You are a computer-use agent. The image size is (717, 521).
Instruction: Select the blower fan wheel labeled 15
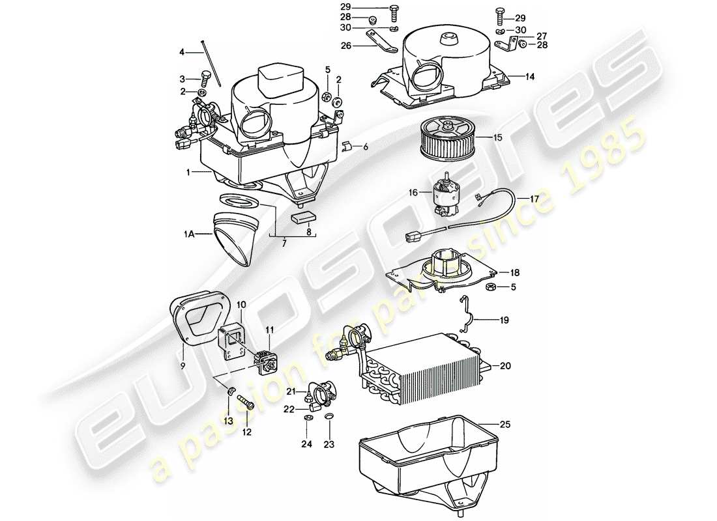tap(446, 138)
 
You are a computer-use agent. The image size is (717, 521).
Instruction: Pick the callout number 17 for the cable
tap(534, 199)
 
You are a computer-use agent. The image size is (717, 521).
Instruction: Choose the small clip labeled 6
tap(348, 146)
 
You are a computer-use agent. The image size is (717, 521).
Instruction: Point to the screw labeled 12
tap(246, 404)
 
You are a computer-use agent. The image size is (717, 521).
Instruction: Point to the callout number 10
tap(241, 304)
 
